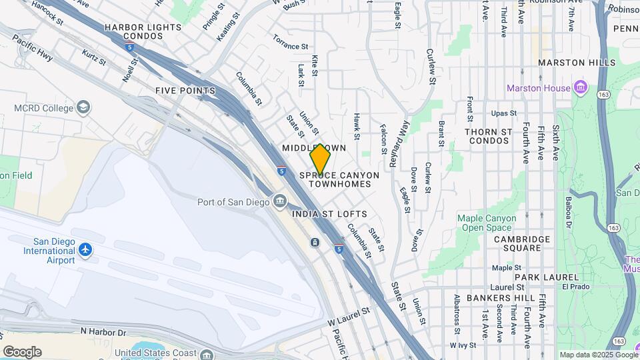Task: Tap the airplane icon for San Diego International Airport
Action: (85, 250)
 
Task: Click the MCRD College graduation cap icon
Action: (83, 107)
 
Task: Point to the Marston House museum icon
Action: (580, 88)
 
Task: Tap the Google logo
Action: (22, 352)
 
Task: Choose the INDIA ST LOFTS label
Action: (329, 214)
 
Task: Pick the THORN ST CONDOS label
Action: (489, 136)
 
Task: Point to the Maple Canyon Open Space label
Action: (487, 223)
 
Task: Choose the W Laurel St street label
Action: (348, 317)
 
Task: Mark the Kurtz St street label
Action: (93, 57)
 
